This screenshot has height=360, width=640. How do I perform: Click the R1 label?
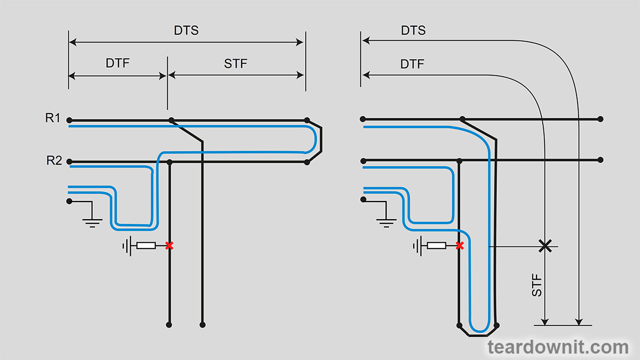[x=53, y=118]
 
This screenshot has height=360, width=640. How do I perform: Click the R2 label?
[x=54, y=160]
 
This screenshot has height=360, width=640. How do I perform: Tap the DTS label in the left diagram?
[x=186, y=30]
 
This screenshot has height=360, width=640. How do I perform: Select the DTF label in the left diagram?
[x=117, y=63]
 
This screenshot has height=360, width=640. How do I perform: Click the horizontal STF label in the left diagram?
[x=235, y=64]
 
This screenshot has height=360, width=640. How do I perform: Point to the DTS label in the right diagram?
[x=413, y=30]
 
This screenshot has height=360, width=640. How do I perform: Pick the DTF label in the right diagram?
[x=412, y=65]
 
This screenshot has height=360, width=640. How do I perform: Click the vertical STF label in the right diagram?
[x=537, y=286]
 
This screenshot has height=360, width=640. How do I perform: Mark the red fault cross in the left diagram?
[x=169, y=245]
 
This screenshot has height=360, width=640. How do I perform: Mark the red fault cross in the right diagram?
[x=460, y=245]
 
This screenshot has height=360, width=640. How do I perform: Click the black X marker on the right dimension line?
[x=545, y=246]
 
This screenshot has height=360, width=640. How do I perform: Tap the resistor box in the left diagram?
[x=146, y=245]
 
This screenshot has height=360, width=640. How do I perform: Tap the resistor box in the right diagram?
[x=436, y=245]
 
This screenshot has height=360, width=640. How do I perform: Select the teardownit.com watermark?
[x=558, y=348]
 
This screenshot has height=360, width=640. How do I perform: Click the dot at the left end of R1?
[x=69, y=120]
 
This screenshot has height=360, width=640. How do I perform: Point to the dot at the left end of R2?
[x=69, y=162]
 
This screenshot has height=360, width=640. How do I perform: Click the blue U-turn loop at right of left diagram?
[x=315, y=140]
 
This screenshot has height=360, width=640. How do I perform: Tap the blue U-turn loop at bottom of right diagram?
[x=478, y=326]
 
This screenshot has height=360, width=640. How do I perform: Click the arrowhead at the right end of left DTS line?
[x=300, y=42]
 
